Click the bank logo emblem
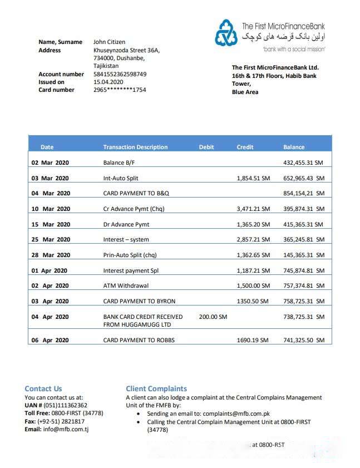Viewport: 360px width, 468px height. coord(226,33)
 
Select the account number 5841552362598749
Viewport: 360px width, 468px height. coord(120,74)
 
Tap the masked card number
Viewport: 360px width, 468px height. coord(120,90)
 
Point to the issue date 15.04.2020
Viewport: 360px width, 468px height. coord(108,82)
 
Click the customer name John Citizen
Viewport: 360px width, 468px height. coord(109,42)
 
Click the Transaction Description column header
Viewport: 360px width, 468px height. coord(135,147)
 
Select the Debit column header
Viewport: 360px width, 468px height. coord(206,147)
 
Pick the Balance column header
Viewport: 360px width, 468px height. coord(293,147)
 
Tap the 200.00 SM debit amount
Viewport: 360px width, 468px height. coord(213,317)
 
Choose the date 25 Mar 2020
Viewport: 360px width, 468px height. coord(51,239)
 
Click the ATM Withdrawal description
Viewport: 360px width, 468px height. coord(125,285)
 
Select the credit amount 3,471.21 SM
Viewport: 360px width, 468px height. coord(253,209)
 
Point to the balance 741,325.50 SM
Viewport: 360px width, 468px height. coord(303,340)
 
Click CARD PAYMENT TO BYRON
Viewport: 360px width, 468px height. coord(139,301)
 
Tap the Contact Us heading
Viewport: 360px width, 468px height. coord(43,388)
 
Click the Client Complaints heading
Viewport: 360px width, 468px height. coord(156,388)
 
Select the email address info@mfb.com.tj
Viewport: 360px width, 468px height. coord(66,429)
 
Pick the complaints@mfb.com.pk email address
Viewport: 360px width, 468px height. coord(236,413)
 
